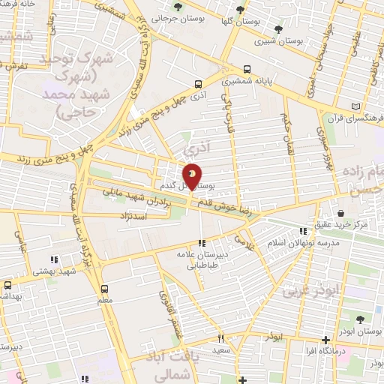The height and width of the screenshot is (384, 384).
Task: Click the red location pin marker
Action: pyautogui.click(x=193, y=175)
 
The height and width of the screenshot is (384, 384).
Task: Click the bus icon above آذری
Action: pyautogui.click(x=198, y=84)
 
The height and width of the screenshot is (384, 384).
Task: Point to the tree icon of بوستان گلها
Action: pyautogui.click(x=240, y=10)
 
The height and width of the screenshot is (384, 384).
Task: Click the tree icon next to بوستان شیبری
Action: pyautogui.click(x=279, y=29)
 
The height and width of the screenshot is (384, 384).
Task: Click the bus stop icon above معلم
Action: pyautogui.click(x=104, y=288)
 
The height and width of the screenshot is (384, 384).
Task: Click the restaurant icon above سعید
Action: pyautogui.click(x=220, y=338)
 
